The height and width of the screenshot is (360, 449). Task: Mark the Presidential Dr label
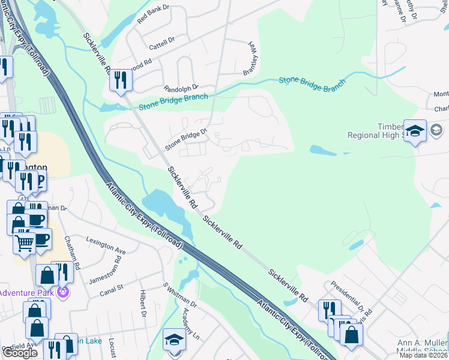click(348, 295)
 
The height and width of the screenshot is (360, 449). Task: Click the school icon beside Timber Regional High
click(414, 131)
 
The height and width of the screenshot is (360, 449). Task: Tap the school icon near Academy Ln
click(174, 340)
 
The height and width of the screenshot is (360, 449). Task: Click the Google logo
click(20, 353)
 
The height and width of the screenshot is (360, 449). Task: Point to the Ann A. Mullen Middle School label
click(420, 347)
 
